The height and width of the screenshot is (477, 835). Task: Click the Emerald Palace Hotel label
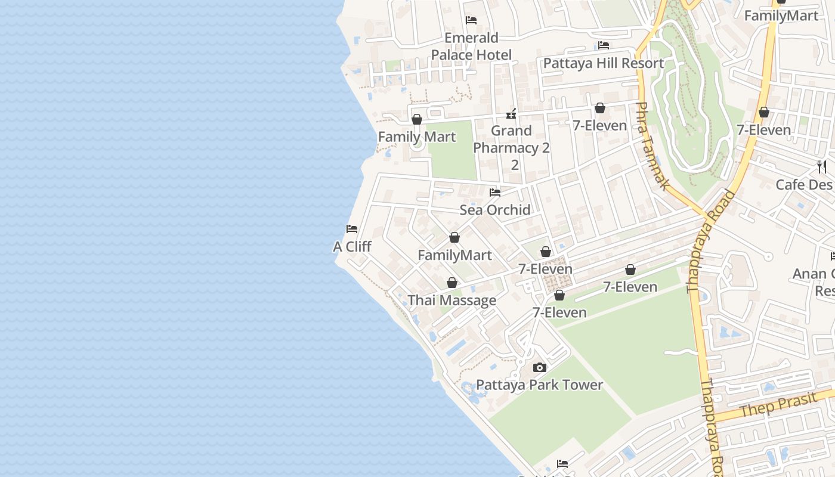tap(471, 47)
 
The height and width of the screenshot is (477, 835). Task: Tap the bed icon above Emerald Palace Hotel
tap(471, 20)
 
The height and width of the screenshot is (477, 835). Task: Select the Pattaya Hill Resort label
tap(603, 63)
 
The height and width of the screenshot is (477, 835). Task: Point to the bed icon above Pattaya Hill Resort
tap(604, 45)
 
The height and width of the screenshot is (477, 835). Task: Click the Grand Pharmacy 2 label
tap(512, 140)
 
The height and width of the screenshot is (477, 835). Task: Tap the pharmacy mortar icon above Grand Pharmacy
tap(511, 113)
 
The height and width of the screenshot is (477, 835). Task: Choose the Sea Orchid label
tap(495, 210)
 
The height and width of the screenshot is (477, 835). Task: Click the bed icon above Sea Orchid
tap(495, 193)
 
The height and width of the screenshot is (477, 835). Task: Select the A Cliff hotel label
tap(352, 246)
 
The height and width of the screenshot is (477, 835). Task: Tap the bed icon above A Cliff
tap(352, 229)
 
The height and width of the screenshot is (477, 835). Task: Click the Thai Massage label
tap(451, 301)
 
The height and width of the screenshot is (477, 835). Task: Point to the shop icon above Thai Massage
tap(452, 283)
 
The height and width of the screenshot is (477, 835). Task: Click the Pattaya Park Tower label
tap(539, 385)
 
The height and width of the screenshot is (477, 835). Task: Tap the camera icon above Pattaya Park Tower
tap(540, 367)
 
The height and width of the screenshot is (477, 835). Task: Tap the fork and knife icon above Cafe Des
tap(822, 167)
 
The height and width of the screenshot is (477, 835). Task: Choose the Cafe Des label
tap(804, 185)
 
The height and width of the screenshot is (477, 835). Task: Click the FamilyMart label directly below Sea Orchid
tap(454, 255)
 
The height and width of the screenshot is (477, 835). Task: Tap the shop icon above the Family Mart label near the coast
tap(417, 119)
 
